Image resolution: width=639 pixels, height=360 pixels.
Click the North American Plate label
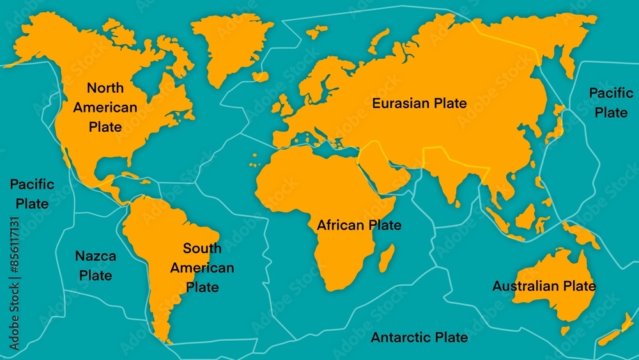coord(105,107)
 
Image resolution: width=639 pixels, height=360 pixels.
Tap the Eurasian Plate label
coord(419,103)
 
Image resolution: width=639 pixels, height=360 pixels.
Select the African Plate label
coord(359,225)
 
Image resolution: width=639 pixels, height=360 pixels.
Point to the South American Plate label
coord(202,267)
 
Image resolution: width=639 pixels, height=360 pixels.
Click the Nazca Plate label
coord(95,266)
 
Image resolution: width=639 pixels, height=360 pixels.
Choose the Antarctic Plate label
coord(419,337)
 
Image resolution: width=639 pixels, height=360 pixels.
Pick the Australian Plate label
coord(544,286)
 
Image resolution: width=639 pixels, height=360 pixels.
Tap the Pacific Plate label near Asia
coord(611,102)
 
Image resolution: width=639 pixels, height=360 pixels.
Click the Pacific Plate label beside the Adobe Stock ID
coord(32,194)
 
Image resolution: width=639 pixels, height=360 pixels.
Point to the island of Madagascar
coord(386,262)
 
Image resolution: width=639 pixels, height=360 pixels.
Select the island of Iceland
coord(260,76)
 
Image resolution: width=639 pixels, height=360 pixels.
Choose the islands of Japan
coord(555,127)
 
